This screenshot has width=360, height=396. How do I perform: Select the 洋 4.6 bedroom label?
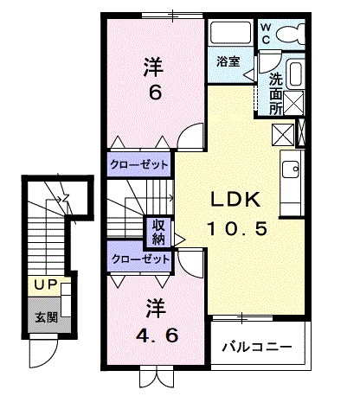click(x=155, y=319)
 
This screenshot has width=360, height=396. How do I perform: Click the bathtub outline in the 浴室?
click(x=231, y=35)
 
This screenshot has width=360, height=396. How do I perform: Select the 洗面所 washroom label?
click(x=276, y=93)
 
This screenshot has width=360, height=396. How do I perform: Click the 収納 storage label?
click(x=159, y=229)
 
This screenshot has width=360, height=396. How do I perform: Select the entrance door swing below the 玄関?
click(x=41, y=350)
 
